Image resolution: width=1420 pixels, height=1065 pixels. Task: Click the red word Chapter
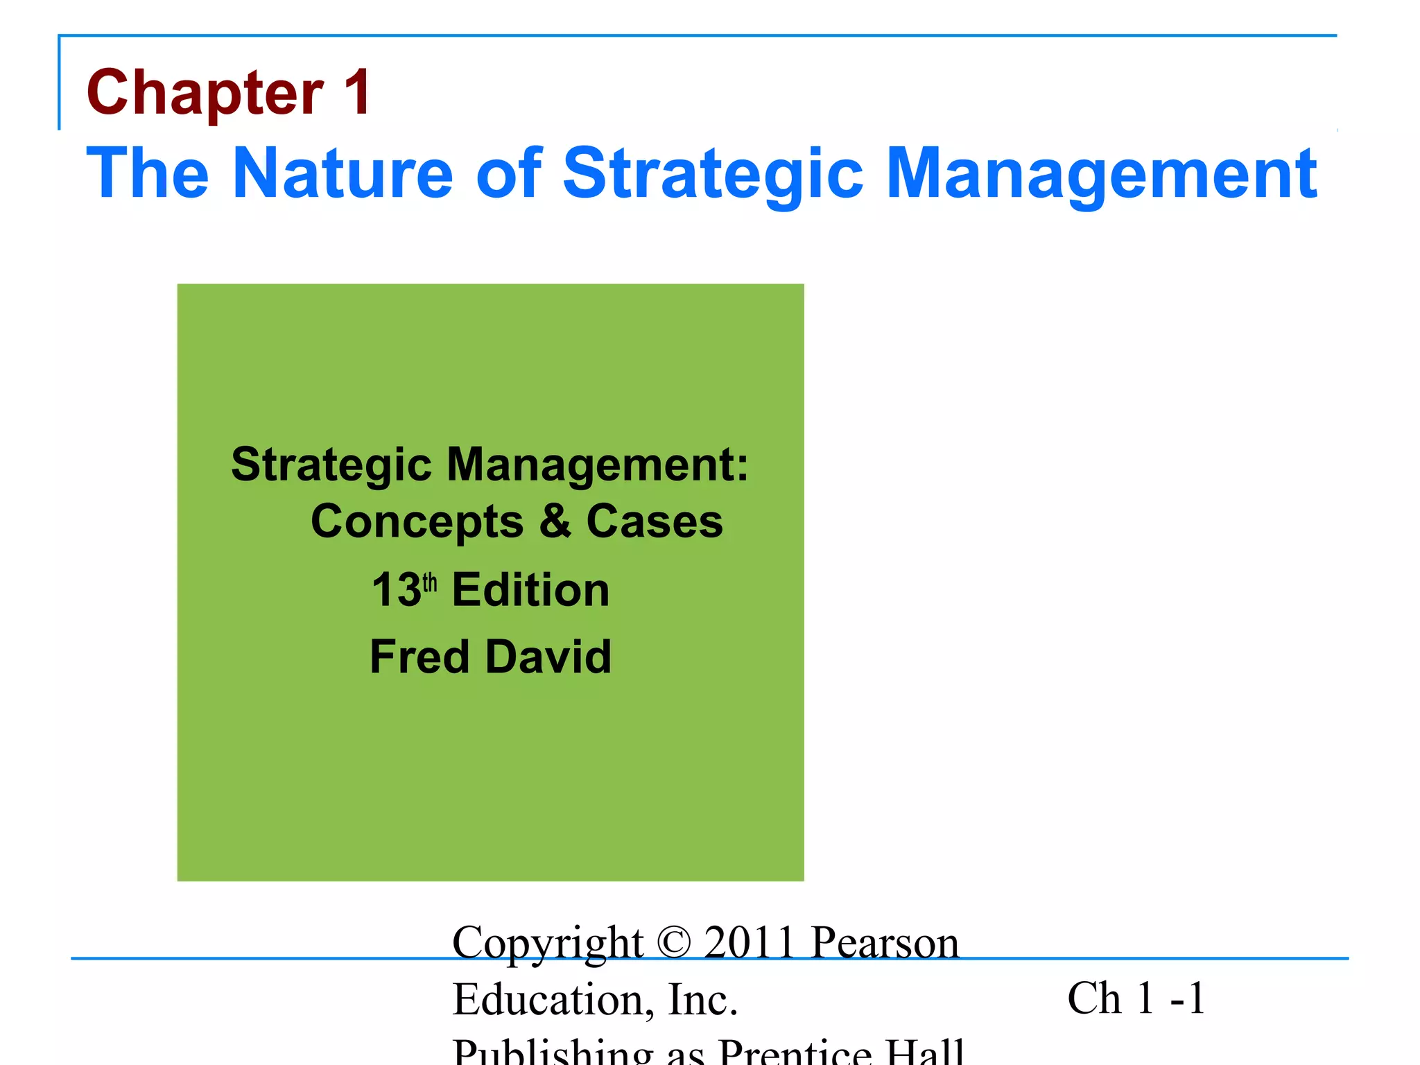pyautogui.click(x=205, y=94)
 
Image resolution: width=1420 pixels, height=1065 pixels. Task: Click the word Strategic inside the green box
pyautogui.click(x=331, y=465)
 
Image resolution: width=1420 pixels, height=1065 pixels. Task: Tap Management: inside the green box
pyautogui.click(x=598, y=465)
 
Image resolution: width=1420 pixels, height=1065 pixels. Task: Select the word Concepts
pyautogui.click(x=417, y=522)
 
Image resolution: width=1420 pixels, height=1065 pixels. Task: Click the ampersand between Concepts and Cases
pyautogui.click(x=555, y=521)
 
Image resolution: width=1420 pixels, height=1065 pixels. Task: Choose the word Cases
pyautogui.click(x=655, y=521)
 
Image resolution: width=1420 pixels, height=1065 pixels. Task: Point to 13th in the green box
pyautogui.click(x=404, y=590)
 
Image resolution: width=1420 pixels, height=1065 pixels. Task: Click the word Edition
pyautogui.click(x=530, y=590)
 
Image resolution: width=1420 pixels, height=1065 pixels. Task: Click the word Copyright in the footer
pyautogui.click(x=548, y=944)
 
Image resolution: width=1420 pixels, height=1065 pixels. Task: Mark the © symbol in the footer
pyautogui.click(x=673, y=942)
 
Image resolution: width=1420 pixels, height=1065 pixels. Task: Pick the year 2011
pyautogui.click(x=749, y=942)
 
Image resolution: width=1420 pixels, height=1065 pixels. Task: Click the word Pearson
pyautogui.click(x=885, y=942)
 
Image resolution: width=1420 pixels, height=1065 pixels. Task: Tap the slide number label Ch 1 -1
pyautogui.click(x=1136, y=998)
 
